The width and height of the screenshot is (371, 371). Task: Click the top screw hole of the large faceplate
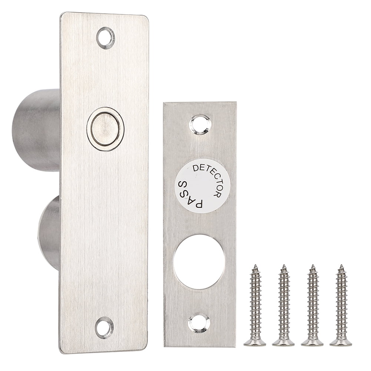(106, 38)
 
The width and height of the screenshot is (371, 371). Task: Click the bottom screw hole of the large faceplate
(104, 327)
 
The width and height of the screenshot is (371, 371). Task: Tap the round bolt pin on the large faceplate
(105, 129)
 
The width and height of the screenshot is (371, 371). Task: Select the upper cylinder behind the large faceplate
(36, 130)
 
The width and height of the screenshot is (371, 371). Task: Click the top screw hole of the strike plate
(200, 125)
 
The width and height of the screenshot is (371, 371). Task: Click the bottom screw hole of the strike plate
(199, 323)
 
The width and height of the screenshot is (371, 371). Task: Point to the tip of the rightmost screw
(341, 266)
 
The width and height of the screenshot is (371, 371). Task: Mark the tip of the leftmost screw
(255, 266)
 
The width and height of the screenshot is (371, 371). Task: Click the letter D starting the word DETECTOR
(196, 169)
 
